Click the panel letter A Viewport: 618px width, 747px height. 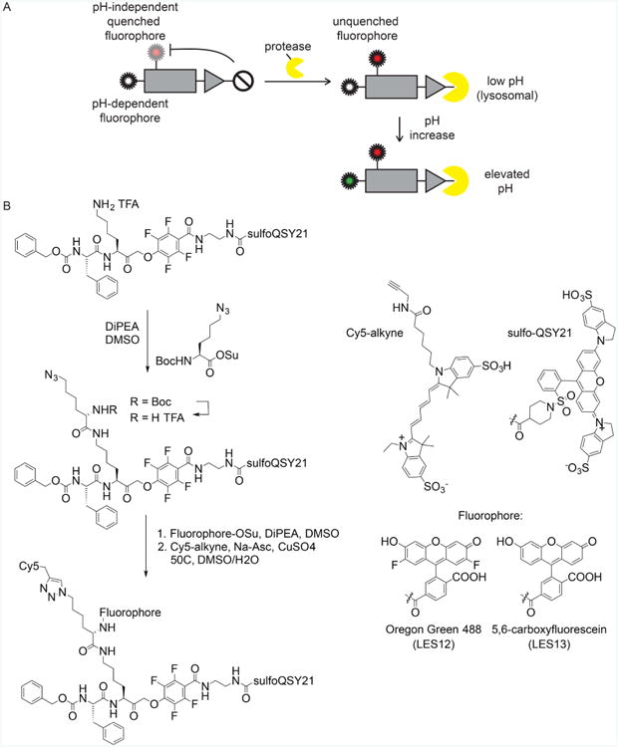coord(8,8)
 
